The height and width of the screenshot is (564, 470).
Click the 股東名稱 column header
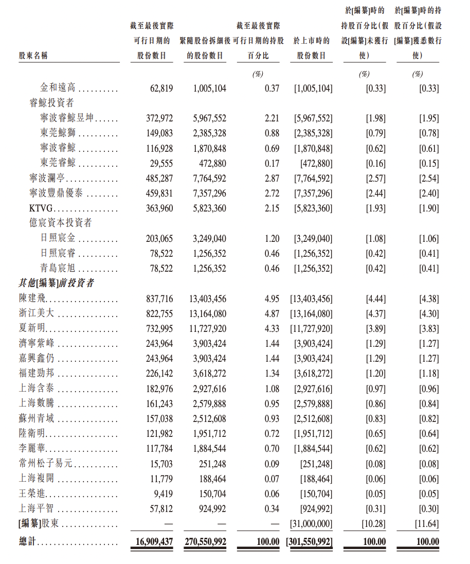click(x=33, y=56)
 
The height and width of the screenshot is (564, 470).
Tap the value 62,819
click(x=161, y=88)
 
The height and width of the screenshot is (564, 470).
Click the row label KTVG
click(x=41, y=208)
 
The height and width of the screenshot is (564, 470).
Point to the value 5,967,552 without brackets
click(x=209, y=118)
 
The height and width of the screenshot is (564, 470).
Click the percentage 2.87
click(x=272, y=179)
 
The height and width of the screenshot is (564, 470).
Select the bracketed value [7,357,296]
click(x=313, y=193)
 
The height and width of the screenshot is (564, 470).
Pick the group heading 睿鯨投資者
click(x=51, y=103)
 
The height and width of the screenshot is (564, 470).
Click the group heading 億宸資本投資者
click(x=61, y=223)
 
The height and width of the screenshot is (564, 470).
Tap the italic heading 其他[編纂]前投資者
click(x=57, y=283)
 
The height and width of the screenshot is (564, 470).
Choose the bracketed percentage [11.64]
click(x=427, y=524)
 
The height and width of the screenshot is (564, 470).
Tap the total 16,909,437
click(x=154, y=541)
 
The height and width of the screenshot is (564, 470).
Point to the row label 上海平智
click(x=36, y=509)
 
